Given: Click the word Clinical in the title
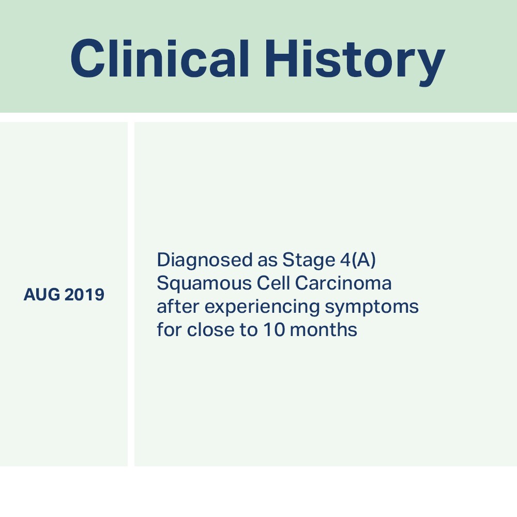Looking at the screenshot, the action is coord(160,58).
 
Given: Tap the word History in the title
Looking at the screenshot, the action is coord(355,63).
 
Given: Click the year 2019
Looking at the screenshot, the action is coord(84,295).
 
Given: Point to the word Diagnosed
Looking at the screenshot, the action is coord(204,261).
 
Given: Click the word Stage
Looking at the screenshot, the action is coord(309,261).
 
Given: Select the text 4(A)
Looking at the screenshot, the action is coord(358,260).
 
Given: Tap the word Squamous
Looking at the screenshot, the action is coord(204,283).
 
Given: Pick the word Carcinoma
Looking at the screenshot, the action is coord(343,283).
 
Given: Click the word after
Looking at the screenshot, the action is coord(178,306).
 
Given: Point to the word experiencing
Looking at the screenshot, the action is coord(262,307).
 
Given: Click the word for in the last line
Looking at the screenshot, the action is coord(169,329).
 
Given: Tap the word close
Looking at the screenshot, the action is coord(211,329).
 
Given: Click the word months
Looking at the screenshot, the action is coord(323,329).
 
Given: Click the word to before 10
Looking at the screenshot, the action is coord(249,330).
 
